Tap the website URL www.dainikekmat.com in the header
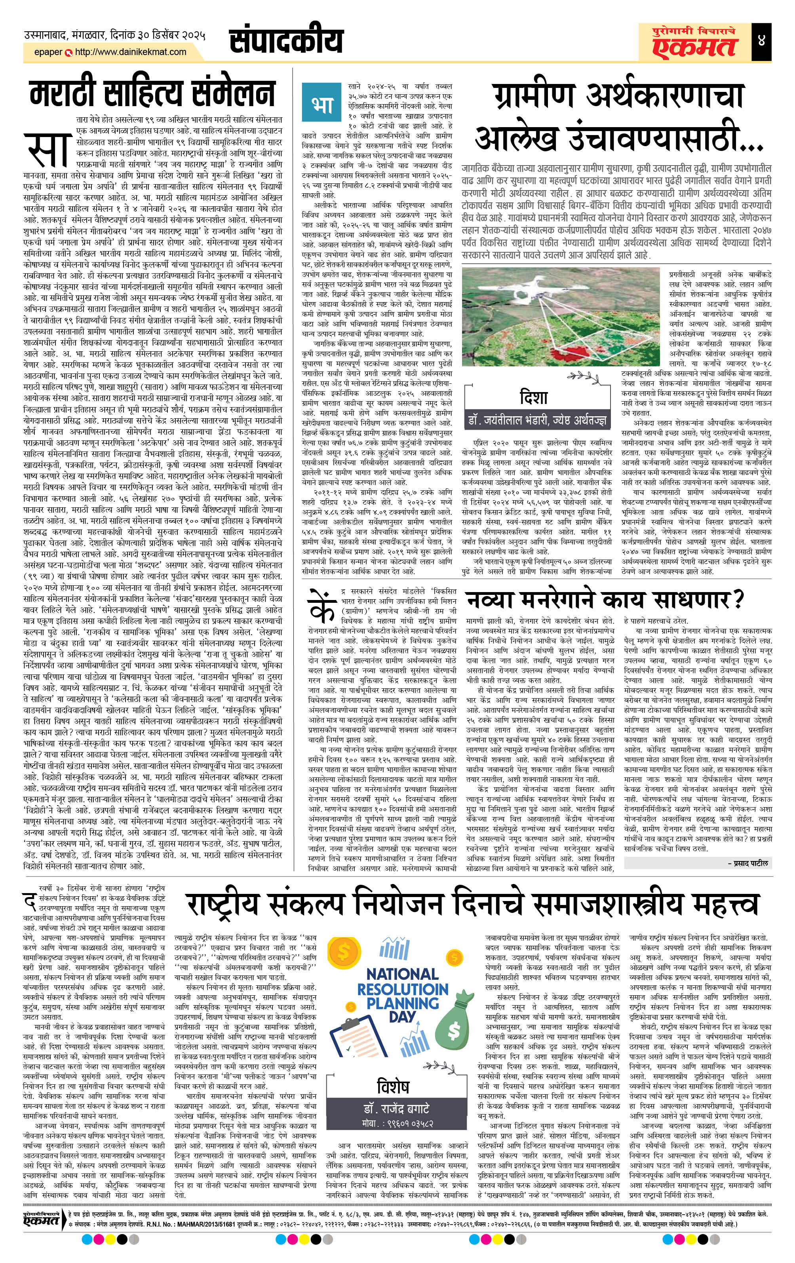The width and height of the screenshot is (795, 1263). [131, 52]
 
